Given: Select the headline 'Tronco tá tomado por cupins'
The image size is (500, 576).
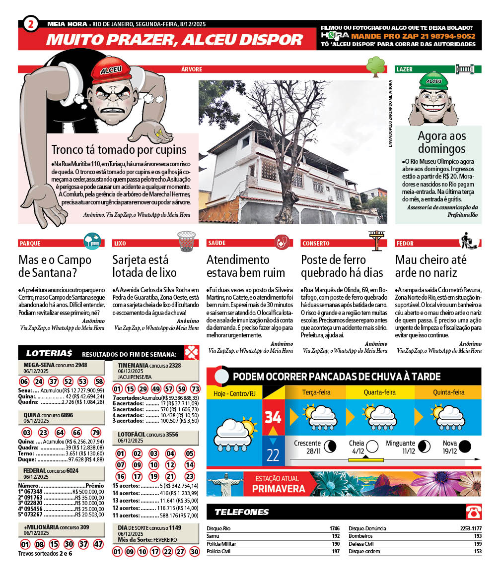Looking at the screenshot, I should (x=119, y=149).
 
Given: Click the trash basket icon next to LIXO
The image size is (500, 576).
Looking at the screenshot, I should (x=186, y=241).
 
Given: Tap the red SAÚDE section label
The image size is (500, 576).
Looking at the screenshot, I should (x=216, y=244).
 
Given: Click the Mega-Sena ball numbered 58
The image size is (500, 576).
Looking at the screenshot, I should (x=99, y=382).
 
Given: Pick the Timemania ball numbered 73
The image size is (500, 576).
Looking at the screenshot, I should (x=195, y=389).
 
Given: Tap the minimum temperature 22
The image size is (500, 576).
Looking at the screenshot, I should (x=273, y=455).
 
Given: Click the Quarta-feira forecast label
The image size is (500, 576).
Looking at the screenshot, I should (x=380, y=392).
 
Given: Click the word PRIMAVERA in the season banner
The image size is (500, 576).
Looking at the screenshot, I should (x=279, y=489).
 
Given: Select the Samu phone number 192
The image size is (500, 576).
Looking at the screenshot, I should (x=336, y=536).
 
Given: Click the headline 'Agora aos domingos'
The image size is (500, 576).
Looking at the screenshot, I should (x=441, y=142).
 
